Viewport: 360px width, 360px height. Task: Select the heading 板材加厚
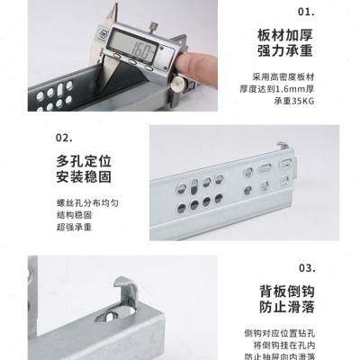coord(283,36)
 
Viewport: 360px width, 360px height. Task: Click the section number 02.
coord(64,139)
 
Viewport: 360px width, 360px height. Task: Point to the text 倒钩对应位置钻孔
coord(286,334)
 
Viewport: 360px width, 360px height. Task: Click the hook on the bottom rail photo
coord(124,289)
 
